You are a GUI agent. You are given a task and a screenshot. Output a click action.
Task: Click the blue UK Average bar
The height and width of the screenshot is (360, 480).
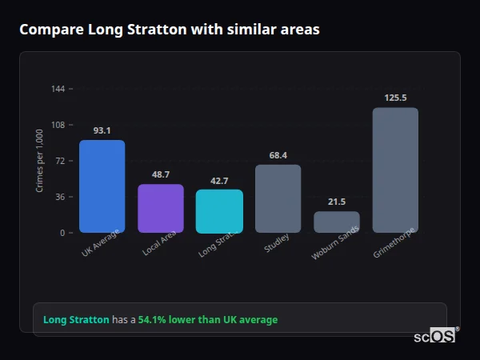pyautogui.click(x=102, y=186)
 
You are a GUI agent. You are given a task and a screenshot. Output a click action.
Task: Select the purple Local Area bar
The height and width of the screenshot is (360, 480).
pyautogui.click(x=160, y=209)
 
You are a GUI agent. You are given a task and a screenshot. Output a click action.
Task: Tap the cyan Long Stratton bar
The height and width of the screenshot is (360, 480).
pyautogui.click(x=219, y=211)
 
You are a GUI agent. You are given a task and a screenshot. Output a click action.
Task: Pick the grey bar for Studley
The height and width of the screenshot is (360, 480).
pyautogui.click(x=278, y=199)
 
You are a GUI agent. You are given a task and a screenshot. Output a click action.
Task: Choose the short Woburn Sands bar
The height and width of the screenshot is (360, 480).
pyautogui.click(x=336, y=222)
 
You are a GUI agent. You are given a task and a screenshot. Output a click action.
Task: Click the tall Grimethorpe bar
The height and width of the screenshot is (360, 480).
pyautogui.click(x=395, y=170)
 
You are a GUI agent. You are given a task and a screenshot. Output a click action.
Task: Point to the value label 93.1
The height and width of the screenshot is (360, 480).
pyautogui.click(x=102, y=130)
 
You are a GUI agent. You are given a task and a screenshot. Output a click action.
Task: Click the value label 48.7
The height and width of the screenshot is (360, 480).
pyautogui.click(x=160, y=174)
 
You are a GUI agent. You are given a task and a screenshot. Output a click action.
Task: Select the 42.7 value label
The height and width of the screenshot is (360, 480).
pyautogui.click(x=219, y=181)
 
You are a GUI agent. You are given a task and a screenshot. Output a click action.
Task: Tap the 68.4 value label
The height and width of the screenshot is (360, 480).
pyautogui.click(x=278, y=155)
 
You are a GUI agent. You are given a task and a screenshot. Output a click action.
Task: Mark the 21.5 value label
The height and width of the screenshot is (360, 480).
pyautogui.click(x=336, y=202)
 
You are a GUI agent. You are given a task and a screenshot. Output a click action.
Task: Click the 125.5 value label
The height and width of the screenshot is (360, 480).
pyautogui.click(x=395, y=98)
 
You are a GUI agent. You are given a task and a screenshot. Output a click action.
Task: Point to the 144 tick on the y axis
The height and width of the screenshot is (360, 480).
pyautogui.click(x=58, y=89)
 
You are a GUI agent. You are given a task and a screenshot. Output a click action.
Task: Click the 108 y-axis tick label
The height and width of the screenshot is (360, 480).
pyautogui.click(x=58, y=125)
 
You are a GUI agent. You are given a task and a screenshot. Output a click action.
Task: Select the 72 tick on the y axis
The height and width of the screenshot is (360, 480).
pyautogui.click(x=60, y=161)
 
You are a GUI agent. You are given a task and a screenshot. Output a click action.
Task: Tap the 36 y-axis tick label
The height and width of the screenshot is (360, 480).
pyautogui.click(x=60, y=197)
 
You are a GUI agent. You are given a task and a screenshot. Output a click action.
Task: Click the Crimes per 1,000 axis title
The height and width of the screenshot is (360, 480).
pyautogui.click(x=40, y=161)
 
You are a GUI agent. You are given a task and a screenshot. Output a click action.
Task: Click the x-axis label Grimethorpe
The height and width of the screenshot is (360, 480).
pyautogui.click(x=393, y=245)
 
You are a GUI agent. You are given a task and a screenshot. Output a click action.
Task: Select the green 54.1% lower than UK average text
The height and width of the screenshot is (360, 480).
pyautogui.click(x=208, y=320)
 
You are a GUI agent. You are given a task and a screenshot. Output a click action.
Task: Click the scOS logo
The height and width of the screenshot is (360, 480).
pyautogui.click(x=435, y=336)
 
